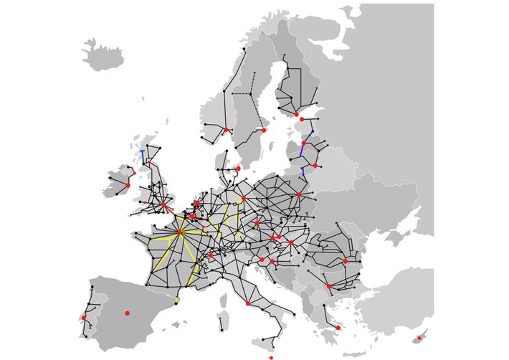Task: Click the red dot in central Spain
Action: (x=127, y=313)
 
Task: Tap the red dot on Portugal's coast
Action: (x=84, y=317)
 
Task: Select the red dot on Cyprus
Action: (x=419, y=338)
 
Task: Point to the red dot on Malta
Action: (x=271, y=357)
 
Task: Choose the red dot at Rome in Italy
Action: (x=247, y=303)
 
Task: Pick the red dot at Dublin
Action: (x=128, y=185)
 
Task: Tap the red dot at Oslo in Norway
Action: (x=226, y=129)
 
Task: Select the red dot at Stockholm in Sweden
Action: (x=263, y=131)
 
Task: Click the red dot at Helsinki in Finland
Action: (x=296, y=114)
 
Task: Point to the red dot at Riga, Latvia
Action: (x=303, y=143)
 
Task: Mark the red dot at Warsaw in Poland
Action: (x=299, y=194)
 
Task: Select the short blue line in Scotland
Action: (x=142, y=156)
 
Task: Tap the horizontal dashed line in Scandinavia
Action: (x=242, y=94)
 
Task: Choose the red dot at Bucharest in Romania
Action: (x=345, y=262)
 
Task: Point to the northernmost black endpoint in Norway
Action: (x=245, y=49)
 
